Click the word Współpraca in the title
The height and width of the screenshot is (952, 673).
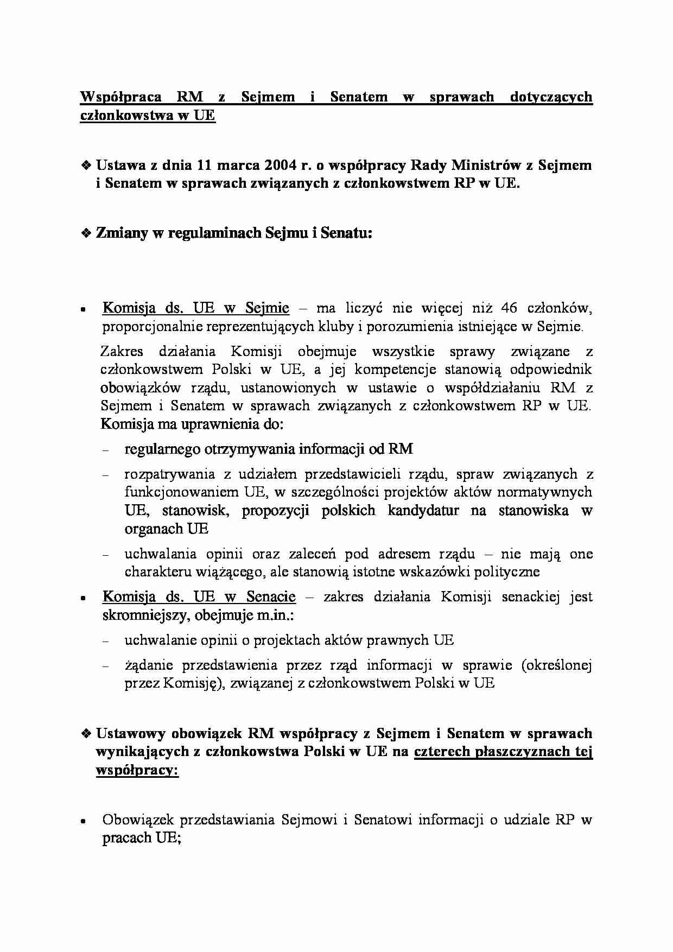click(121, 97)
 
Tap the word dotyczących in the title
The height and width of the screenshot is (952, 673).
click(551, 97)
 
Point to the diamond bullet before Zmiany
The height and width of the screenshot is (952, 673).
click(86, 234)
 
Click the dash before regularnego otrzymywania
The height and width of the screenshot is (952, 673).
click(105, 450)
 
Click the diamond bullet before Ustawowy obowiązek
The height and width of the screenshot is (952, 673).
click(86, 734)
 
